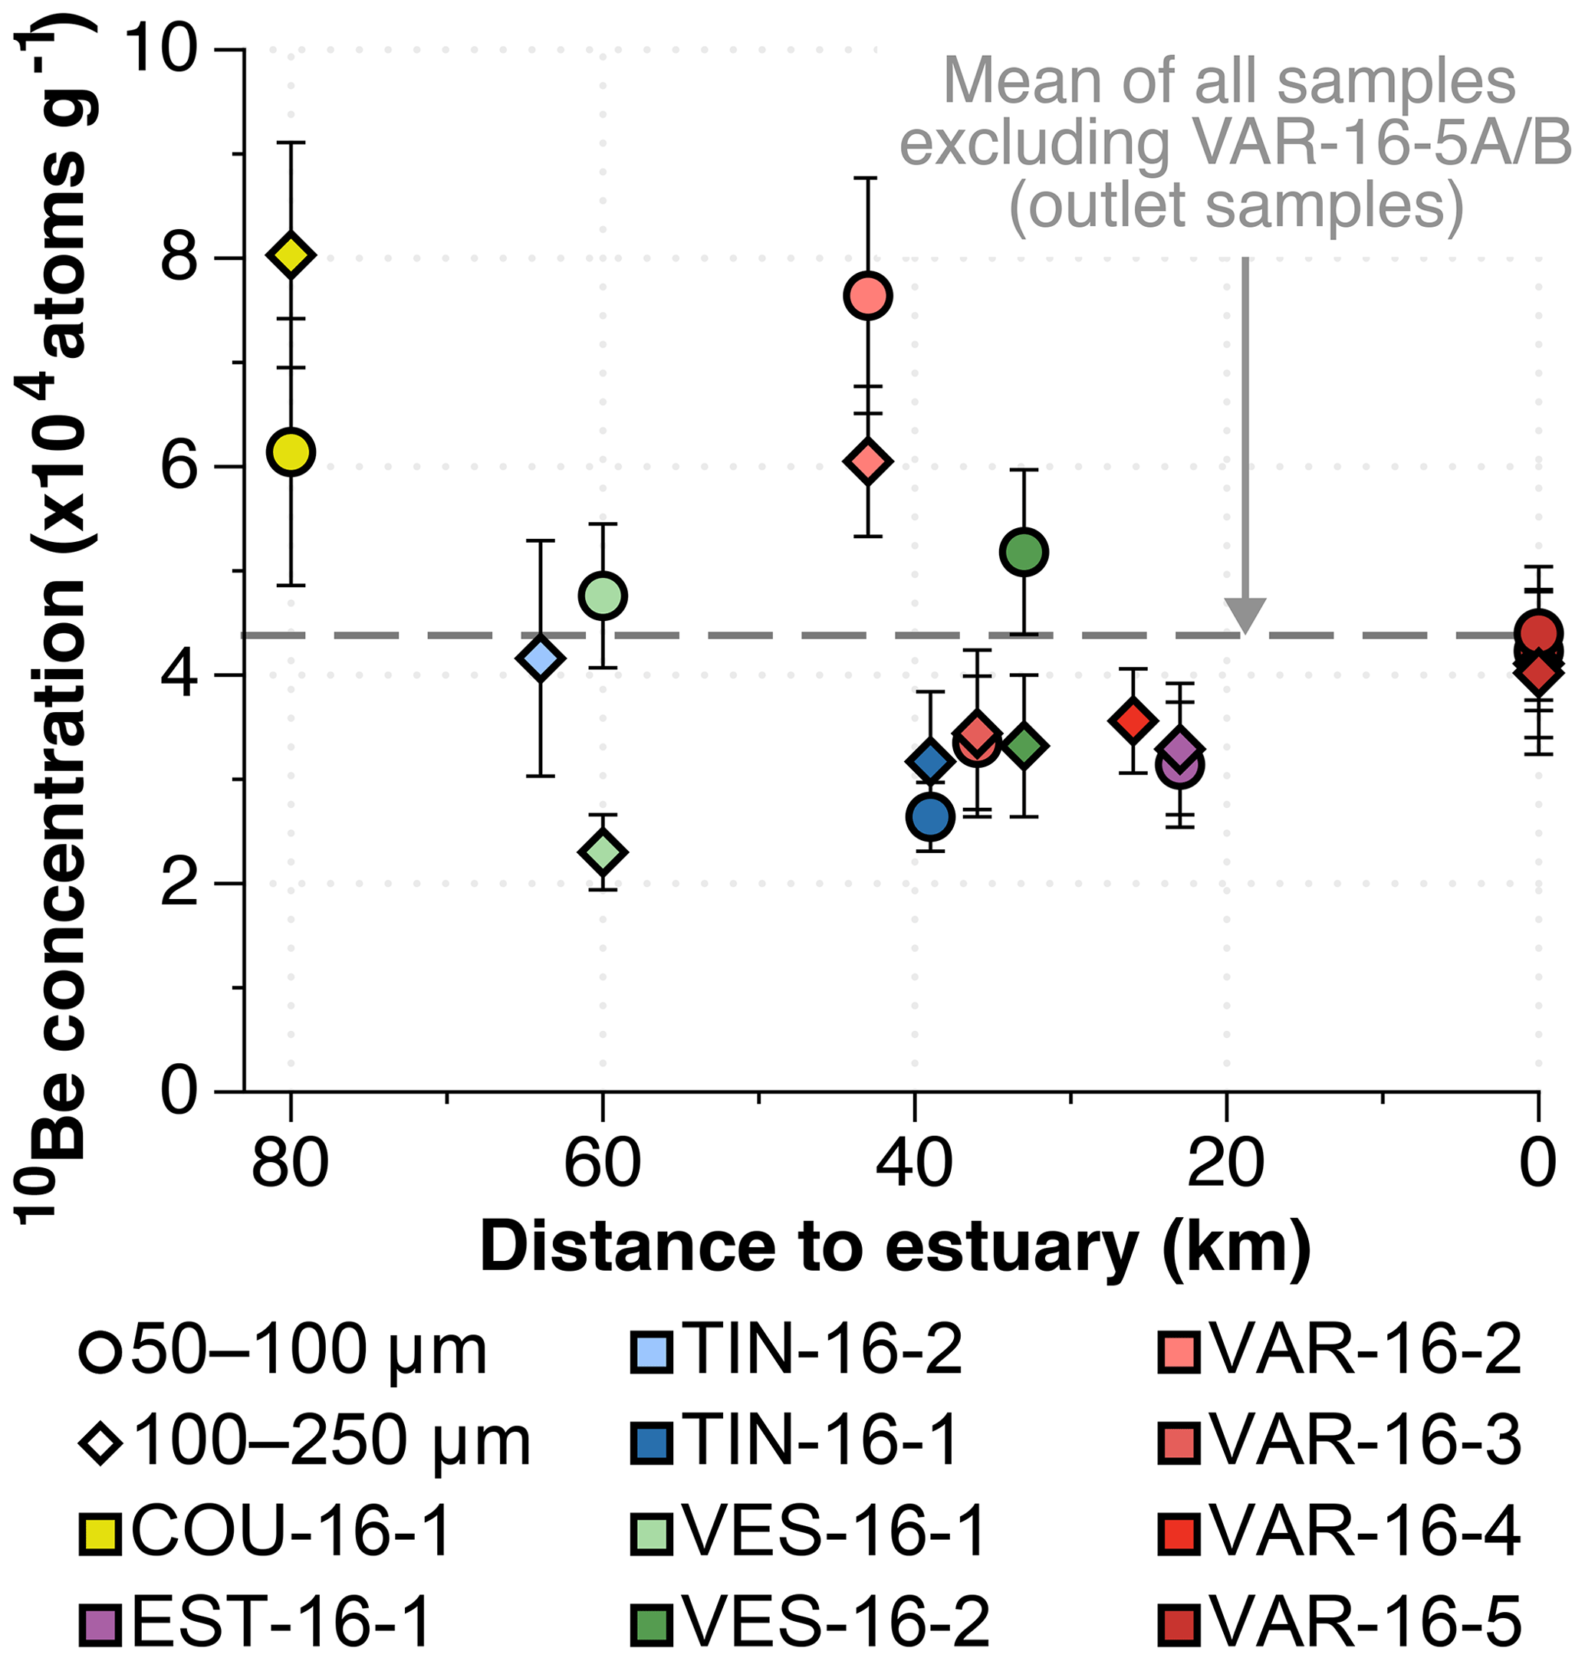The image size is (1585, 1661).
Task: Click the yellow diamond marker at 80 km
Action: click(291, 254)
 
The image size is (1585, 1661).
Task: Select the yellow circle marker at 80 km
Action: click(291, 451)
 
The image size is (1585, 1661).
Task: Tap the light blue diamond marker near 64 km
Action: click(540, 658)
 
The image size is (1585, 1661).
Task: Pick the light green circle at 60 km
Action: click(603, 596)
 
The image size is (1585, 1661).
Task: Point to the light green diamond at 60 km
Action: click(603, 851)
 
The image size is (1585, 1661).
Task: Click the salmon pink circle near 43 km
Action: click(868, 296)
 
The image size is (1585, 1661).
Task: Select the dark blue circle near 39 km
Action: click(930, 816)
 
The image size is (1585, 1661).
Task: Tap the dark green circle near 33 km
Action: click(1024, 551)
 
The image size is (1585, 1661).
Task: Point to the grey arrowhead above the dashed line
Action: click(1245, 614)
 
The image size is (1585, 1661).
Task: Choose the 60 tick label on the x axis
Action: click(603, 1164)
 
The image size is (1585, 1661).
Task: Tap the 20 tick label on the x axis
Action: click(1226, 1164)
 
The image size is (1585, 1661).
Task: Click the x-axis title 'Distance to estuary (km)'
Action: click(896, 1247)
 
